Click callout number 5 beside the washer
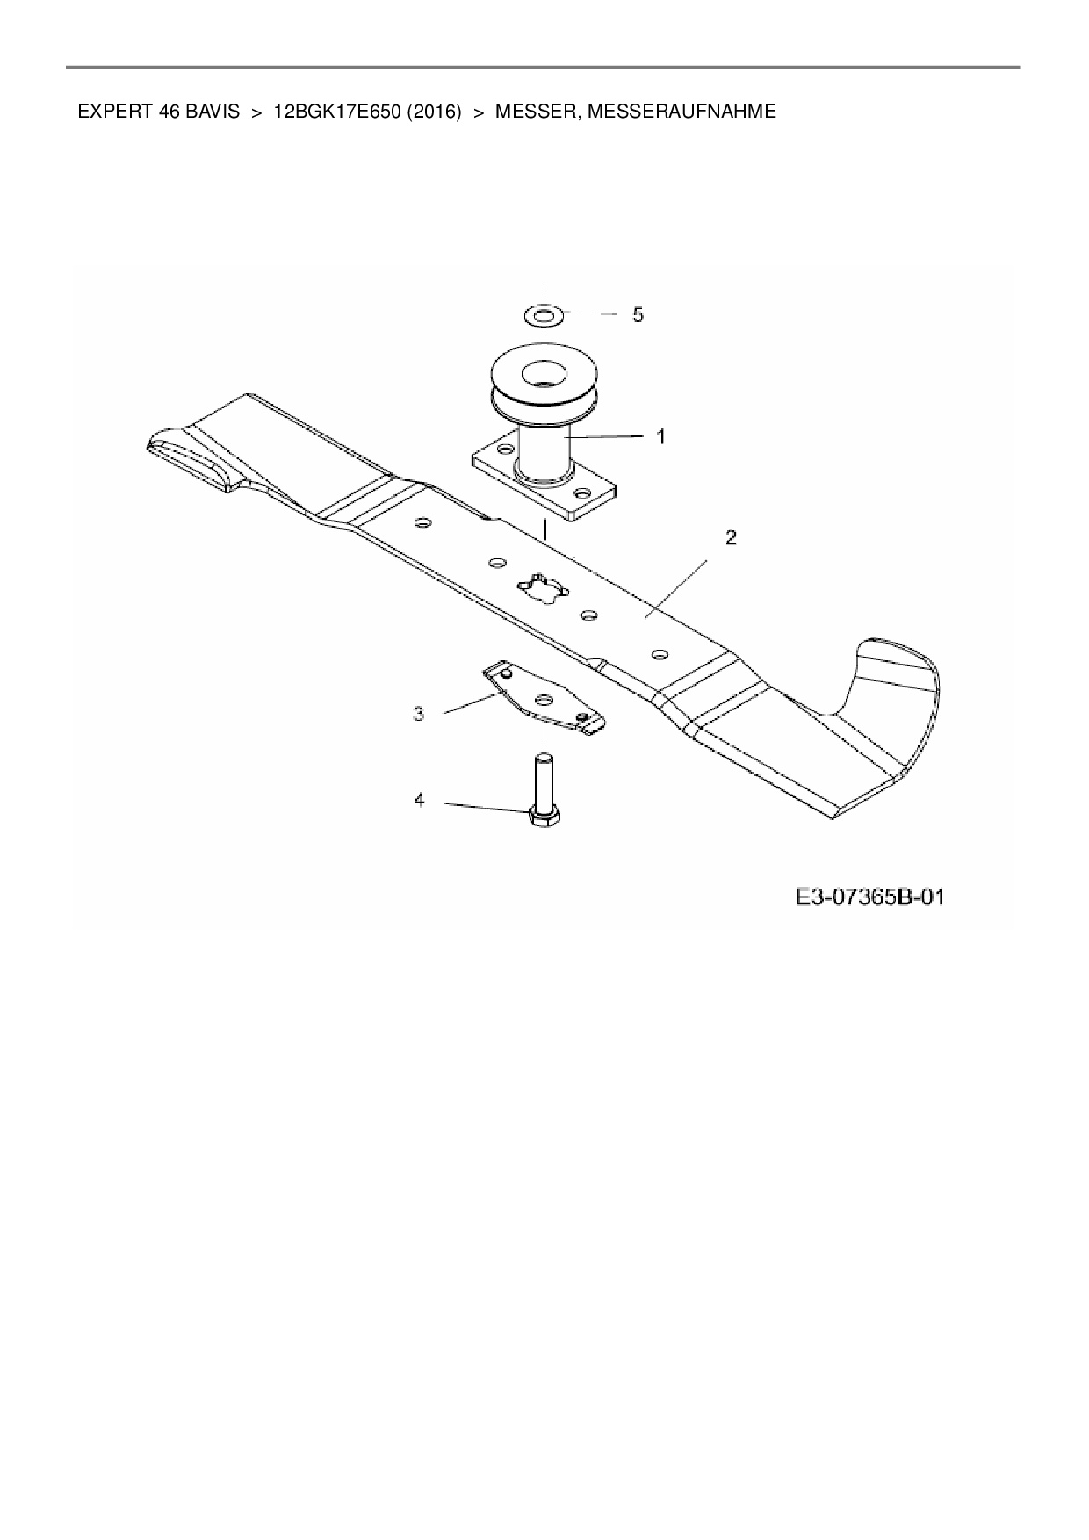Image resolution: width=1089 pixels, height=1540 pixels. [x=638, y=314]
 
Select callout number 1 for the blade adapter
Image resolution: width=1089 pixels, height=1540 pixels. [x=661, y=435]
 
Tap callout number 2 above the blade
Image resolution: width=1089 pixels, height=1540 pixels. [x=731, y=537]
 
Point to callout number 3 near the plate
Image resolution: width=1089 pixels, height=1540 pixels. [x=419, y=714]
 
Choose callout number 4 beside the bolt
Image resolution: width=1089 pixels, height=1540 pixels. [x=420, y=800]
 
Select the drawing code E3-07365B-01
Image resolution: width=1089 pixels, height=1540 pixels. [x=869, y=897]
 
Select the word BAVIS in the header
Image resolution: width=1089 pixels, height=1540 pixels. [x=212, y=112]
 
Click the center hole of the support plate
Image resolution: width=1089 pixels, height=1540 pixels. [x=544, y=699]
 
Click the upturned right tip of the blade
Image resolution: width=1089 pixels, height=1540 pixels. [x=896, y=667]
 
